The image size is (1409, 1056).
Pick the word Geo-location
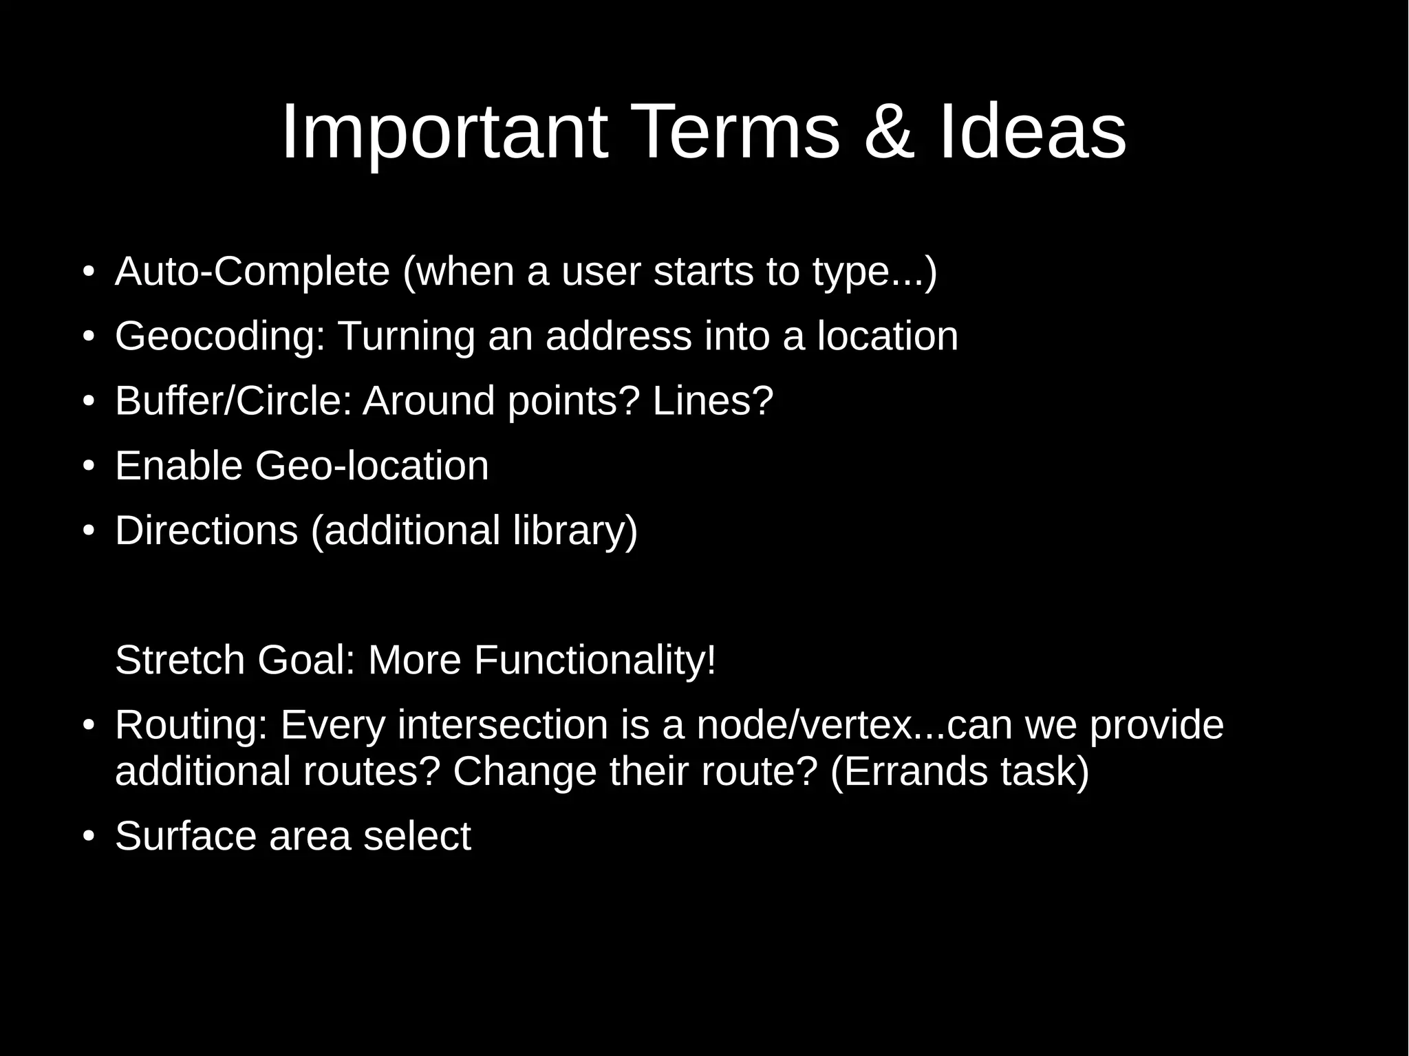(x=372, y=466)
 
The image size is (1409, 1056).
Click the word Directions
(x=206, y=530)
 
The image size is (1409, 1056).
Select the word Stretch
(x=180, y=660)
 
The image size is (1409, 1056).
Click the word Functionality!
(x=594, y=660)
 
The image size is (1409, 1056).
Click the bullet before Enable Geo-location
(x=87, y=466)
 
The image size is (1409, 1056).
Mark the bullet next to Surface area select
(x=87, y=837)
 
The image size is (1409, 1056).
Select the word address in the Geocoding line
(x=619, y=336)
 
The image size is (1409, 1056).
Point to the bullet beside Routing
(x=87, y=726)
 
